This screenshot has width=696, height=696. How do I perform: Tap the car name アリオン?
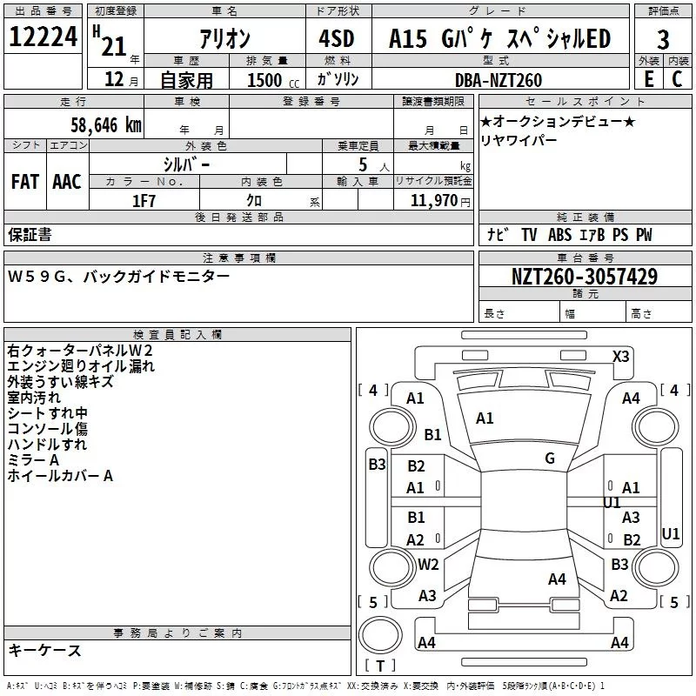click(x=225, y=38)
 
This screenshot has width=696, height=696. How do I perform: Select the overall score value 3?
click(x=663, y=40)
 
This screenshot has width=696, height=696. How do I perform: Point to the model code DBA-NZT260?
click(x=499, y=80)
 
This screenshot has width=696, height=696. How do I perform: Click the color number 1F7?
click(x=144, y=199)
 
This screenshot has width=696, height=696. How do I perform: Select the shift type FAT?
click(x=25, y=182)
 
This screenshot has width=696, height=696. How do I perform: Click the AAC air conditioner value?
click(x=67, y=182)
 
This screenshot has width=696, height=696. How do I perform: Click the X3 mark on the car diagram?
click(x=621, y=356)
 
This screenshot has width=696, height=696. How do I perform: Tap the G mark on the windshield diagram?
click(x=550, y=458)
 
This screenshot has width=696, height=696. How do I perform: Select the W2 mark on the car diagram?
click(x=428, y=564)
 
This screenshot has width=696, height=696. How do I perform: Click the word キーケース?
click(x=44, y=651)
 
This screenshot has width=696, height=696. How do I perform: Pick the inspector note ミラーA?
click(x=33, y=460)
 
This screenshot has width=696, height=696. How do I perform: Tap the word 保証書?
click(x=30, y=234)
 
